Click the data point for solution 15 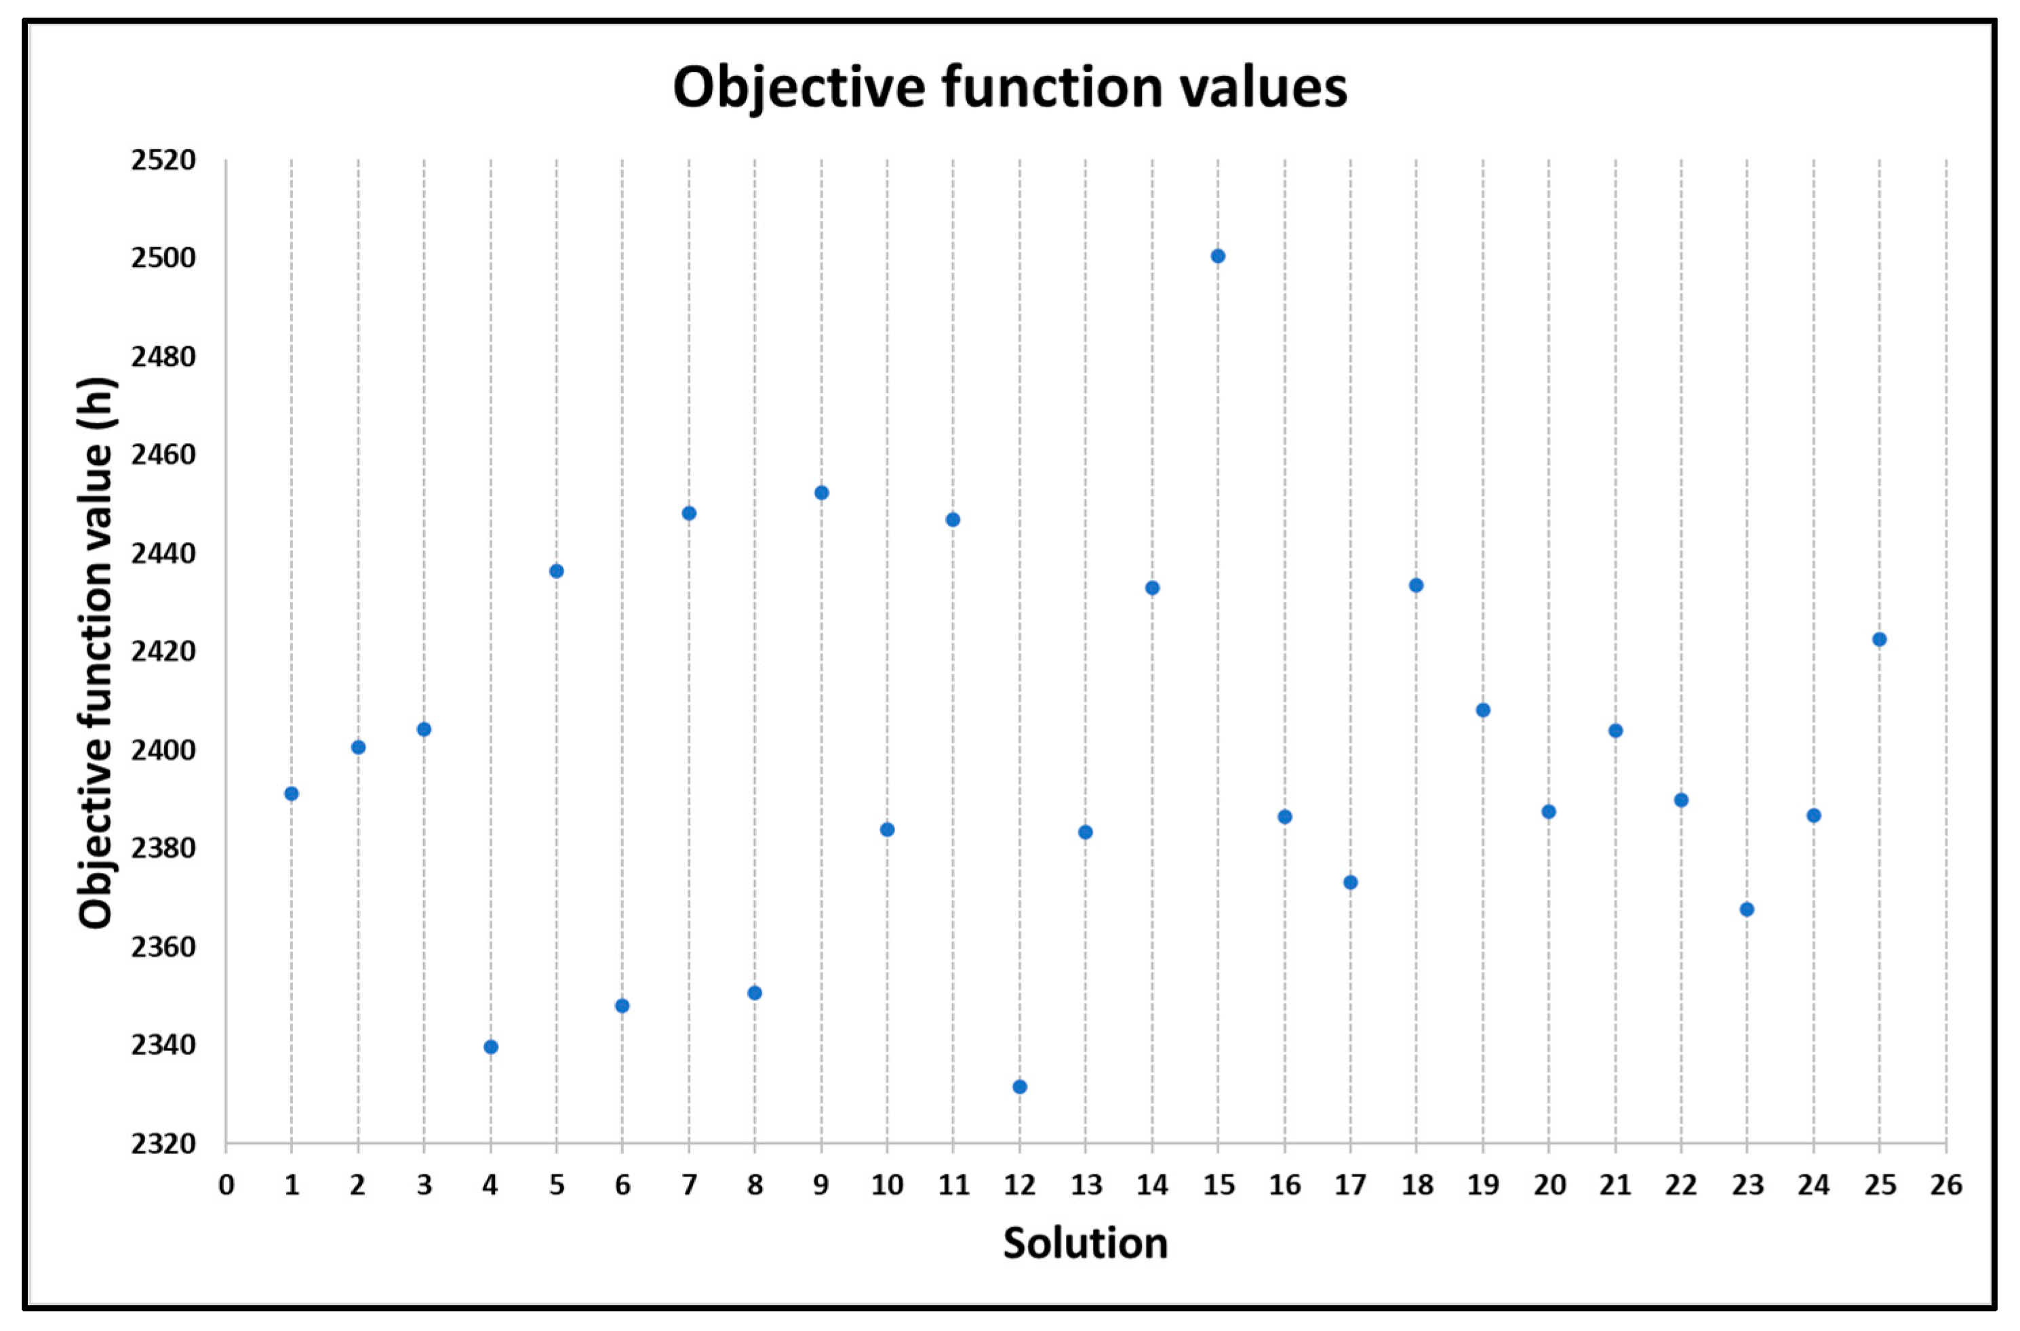click(x=1218, y=256)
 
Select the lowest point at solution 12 click(x=1020, y=1086)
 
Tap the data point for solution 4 click(x=491, y=1046)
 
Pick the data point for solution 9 click(x=821, y=492)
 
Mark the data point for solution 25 click(x=1879, y=639)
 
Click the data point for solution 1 click(x=292, y=794)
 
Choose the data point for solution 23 click(x=1747, y=909)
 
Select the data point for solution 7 click(x=689, y=513)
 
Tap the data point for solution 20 click(x=1548, y=811)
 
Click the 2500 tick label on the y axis click(x=163, y=258)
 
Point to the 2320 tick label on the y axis click(x=163, y=1144)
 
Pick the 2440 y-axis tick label click(x=163, y=554)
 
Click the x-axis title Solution click(x=1084, y=1244)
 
